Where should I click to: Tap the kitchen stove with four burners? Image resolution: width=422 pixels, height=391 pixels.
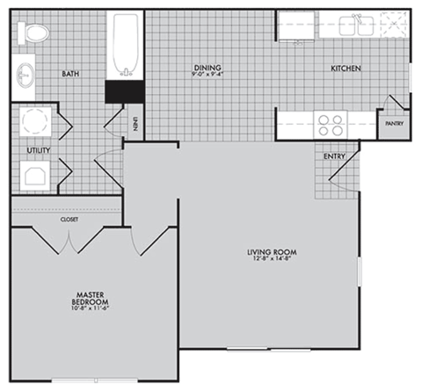(331, 123)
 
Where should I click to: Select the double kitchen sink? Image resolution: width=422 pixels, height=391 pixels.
(359, 24)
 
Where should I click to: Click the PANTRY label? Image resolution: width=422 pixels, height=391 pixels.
(394, 124)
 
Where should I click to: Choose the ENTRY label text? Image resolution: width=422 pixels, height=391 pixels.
(334, 156)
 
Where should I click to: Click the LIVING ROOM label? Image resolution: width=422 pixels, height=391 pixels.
(267, 252)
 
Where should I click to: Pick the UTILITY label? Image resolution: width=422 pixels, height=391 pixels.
(38, 150)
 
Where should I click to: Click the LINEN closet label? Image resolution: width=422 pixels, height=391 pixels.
(135, 125)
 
